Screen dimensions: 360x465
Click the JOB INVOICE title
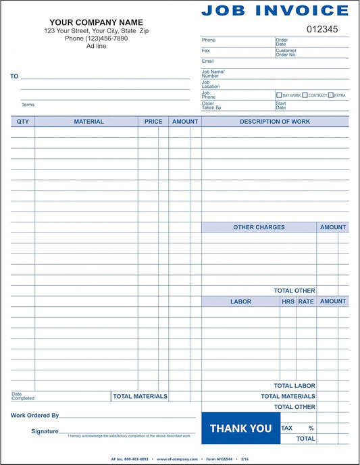[x=275, y=9]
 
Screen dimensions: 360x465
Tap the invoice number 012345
[x=322, y=29]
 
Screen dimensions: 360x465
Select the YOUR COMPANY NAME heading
[x=96, y=22]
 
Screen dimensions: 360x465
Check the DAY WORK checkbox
[x=279, y=95]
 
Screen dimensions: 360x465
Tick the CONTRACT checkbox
[x=305, y=95]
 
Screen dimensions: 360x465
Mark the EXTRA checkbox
[x=330, y=95]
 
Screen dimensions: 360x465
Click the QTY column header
[x=23, y=122]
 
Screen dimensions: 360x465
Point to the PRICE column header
[x=153, y=122]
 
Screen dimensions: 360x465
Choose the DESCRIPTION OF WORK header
[x=275, y=122]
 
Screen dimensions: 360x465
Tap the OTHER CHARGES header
[x=259, y=227]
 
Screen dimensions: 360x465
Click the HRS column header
[x=288, y=301]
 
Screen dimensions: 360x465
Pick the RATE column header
[x=306, y=301]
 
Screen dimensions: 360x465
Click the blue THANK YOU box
[x=240, y=429]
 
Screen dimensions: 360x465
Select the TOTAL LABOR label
[x=294, y=386]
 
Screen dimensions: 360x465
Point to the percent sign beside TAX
[x=311, y=428]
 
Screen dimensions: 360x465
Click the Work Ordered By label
[x=34, y=416]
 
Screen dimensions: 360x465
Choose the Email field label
[x=207, y=61]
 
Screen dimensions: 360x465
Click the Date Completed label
[x=23, y=397]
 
